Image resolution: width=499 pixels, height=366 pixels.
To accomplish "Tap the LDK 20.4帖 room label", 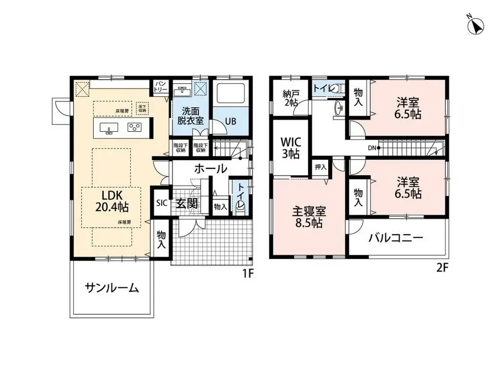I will click(x=112, y=201).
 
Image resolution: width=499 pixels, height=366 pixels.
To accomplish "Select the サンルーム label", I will click(x=112, y=288).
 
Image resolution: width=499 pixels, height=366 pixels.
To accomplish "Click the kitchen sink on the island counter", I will click(x=109, y=128).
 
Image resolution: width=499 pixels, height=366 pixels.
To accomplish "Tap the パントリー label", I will click(x=160, y=87).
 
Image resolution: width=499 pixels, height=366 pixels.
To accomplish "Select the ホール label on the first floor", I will click(x=211, y=169).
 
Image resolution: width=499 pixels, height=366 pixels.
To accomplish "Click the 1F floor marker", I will click(x=248, y=273).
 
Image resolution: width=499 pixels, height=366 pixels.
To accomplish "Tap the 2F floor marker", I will click(x=442, y=267).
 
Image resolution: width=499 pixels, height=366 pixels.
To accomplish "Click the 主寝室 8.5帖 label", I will click(x=309, y=218).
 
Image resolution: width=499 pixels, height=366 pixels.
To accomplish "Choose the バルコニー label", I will click(x=396, y=239).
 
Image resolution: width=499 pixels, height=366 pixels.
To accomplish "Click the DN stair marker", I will click(x=372, y=147).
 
